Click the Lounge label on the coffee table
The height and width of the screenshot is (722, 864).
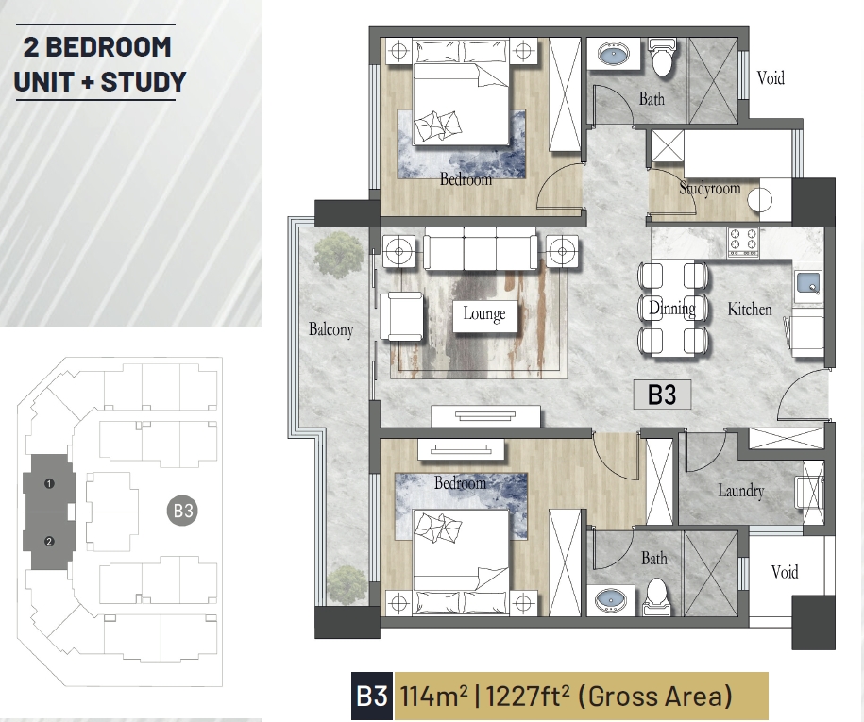pyautogui.click(x=483, y=313)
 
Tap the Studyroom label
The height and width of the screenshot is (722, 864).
pyautogui.click(x=710, y=189)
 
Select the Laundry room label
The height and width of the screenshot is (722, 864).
pyautogui.click(x=741, y=490)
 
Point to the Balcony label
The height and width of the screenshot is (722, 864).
pyautogui.click(x=330, y=329)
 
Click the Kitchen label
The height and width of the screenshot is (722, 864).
pyautogui.click(x=750, y=309)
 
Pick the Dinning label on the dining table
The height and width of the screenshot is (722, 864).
pyautogui.click(x=672, y=308)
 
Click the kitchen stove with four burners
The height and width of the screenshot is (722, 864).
pyautogui.click(x=743, y=243)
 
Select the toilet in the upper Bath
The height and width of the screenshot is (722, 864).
pyautogui.click(x=661, y=57)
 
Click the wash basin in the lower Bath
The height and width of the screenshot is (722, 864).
pyautogui.click(x=611, y=599)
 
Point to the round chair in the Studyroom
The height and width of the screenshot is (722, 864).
pyautogui.click(x=760, y=200)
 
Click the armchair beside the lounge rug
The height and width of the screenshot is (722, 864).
pyautogui.click(x=401, y=316)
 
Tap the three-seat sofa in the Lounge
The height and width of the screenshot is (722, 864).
pyautogui.click(x=480, y=252)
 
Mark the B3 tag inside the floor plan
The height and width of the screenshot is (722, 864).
pyautogui.click(x=662, y=395)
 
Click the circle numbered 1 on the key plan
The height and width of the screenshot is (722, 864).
pyautogui.click(x=49, y=484)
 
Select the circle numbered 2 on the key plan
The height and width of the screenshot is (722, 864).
pyautogui.click(x=49, y=542)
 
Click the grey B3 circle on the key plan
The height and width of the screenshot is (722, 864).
pyautogui.click(x=182, y=512)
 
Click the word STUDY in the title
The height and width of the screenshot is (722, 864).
pyautogui.click(x=144, y=81)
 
